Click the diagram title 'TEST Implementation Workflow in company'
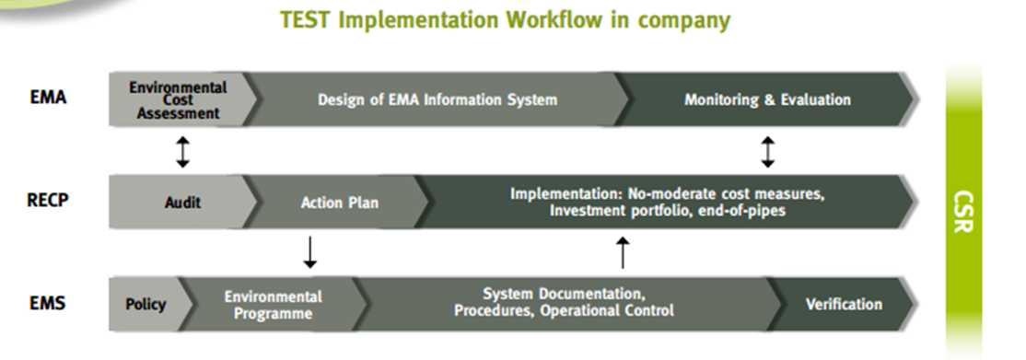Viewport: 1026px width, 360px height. pos(505,20)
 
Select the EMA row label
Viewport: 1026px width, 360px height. pos(49,98)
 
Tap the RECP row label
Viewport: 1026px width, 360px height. pos(48,200)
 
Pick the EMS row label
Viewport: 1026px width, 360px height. pos(48,303)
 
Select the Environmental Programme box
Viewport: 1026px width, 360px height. pos(273,305)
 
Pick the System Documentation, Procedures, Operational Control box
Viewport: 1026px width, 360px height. pos(564,305)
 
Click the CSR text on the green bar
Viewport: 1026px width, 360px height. pos(963,212)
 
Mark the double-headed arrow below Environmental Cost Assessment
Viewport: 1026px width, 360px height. pos(183,151)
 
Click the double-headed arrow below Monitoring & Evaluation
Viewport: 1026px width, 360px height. pos(767,151)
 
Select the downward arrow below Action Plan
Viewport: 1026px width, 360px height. pos(310,252)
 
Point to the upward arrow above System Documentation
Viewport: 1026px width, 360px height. pos(623,252)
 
